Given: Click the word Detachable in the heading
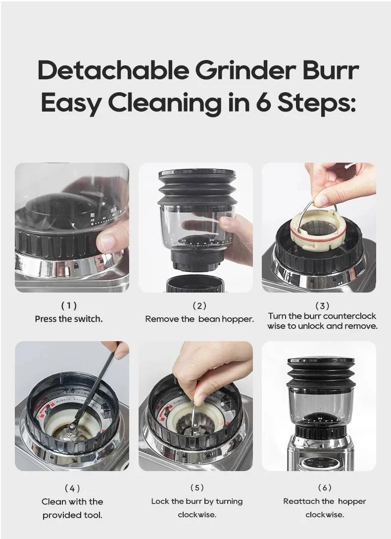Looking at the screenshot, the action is (113, 70).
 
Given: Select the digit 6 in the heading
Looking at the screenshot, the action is (263, 103).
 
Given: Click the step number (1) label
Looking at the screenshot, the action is (69, 305).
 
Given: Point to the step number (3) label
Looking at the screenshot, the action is (322, 305).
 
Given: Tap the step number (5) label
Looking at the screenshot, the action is (197, 487).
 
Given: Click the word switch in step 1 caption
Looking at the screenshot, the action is (88, 319).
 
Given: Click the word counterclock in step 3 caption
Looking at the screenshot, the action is (349, 316).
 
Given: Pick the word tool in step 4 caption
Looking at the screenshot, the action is (93, 515).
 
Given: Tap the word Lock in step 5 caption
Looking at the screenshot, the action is (160, 501).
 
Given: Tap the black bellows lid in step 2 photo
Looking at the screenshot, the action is (197, 187).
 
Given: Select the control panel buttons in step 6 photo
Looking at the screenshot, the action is (320, 462).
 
